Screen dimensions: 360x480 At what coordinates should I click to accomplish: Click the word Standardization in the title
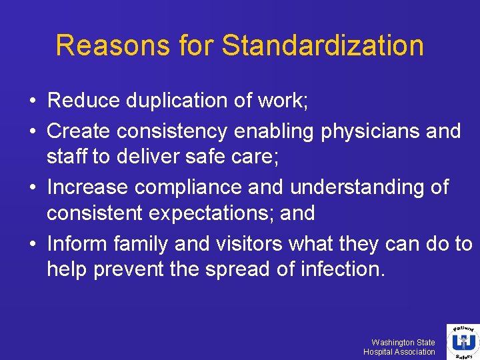[x=323, y=46]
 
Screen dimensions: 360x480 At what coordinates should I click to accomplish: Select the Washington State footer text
[x=403, y=342]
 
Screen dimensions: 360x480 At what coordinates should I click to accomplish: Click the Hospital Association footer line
[x=399, y=352]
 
